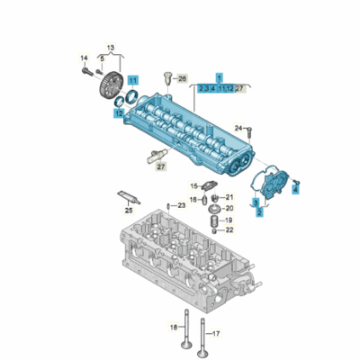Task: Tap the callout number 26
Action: [183, 80]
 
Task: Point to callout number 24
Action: [239, 129]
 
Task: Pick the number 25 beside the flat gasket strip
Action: [129, 210]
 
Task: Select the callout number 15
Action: [193, 186]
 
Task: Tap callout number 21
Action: [229, 195]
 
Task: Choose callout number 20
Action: [229, 207]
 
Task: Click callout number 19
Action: [229, 220]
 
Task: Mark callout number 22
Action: [229, 230]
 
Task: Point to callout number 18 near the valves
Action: [173, 325]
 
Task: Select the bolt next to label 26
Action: [166, 82]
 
